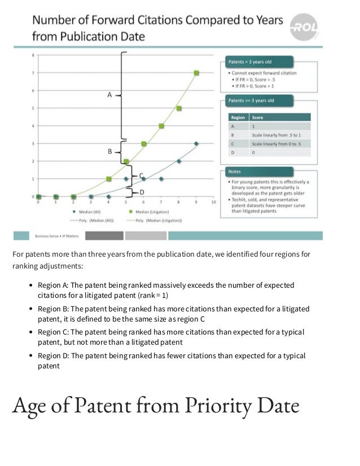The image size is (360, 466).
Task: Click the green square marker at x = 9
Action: (196, 73)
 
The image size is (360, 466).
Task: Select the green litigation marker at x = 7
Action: (161, 126)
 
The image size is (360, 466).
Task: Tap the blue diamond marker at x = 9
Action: (196, 144)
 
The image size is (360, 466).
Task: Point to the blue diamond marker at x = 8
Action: (179, 161)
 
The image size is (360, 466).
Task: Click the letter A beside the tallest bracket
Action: (109, 95)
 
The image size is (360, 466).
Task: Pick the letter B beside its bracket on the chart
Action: (109, 152)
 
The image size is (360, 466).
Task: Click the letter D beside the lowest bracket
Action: (142, 192)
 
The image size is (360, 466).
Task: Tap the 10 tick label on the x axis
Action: (213, 201)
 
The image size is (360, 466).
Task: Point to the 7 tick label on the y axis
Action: (33, 73)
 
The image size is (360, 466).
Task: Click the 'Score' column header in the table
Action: (257, 118)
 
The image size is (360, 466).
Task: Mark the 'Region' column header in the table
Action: (238, 118)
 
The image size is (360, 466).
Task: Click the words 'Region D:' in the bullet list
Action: (53, 356)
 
